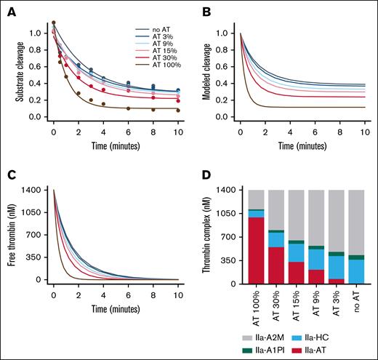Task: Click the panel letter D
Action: (201, 177)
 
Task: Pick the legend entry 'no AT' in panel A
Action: (150, 29)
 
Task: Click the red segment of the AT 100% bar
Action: (256, 250)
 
